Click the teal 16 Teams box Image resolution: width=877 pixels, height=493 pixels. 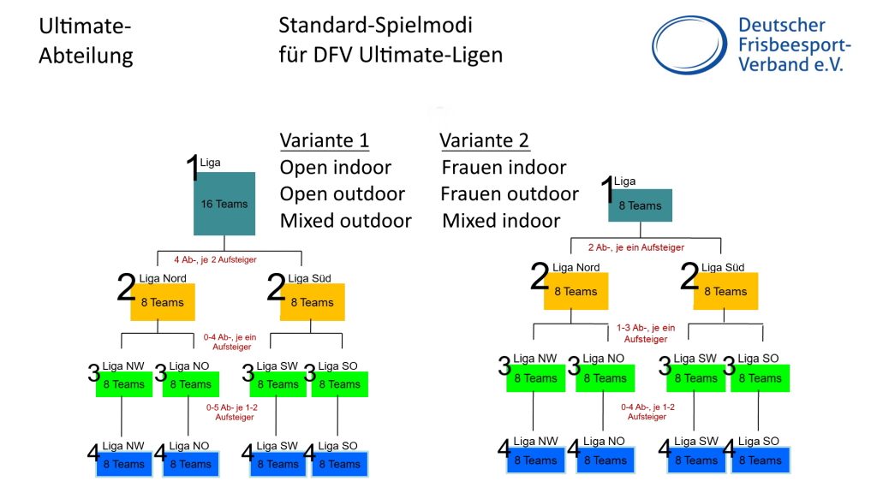click(224, 204)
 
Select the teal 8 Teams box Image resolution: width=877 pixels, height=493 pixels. click(640, 205)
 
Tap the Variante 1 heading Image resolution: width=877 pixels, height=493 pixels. click(324, 140)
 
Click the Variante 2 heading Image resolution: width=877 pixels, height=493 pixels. click(484, 140)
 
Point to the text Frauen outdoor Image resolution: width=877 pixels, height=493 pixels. click(509, 193)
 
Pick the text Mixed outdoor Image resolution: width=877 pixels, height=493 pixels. click(345, 221)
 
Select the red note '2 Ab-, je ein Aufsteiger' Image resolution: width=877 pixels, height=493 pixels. click(635, 247)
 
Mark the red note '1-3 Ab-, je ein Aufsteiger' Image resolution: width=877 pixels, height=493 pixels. click(645, 333)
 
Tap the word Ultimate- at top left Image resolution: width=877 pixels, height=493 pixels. click(85, 27)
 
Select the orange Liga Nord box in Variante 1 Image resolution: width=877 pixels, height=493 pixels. click(163, 302)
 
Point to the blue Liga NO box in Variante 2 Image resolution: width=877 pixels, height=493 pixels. click(606, 460)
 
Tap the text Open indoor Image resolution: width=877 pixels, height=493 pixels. click(335, 167)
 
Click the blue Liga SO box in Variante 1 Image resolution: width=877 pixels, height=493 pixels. click(339, 464)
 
